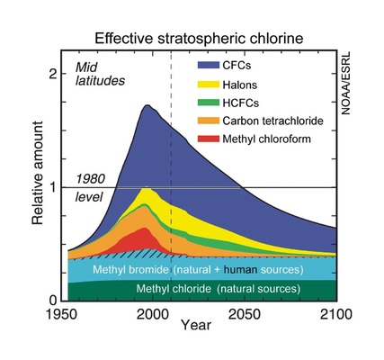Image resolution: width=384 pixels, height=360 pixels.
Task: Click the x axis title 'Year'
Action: [x=195, y=324]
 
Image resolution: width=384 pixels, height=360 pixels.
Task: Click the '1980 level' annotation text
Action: [x=91, y=187]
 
